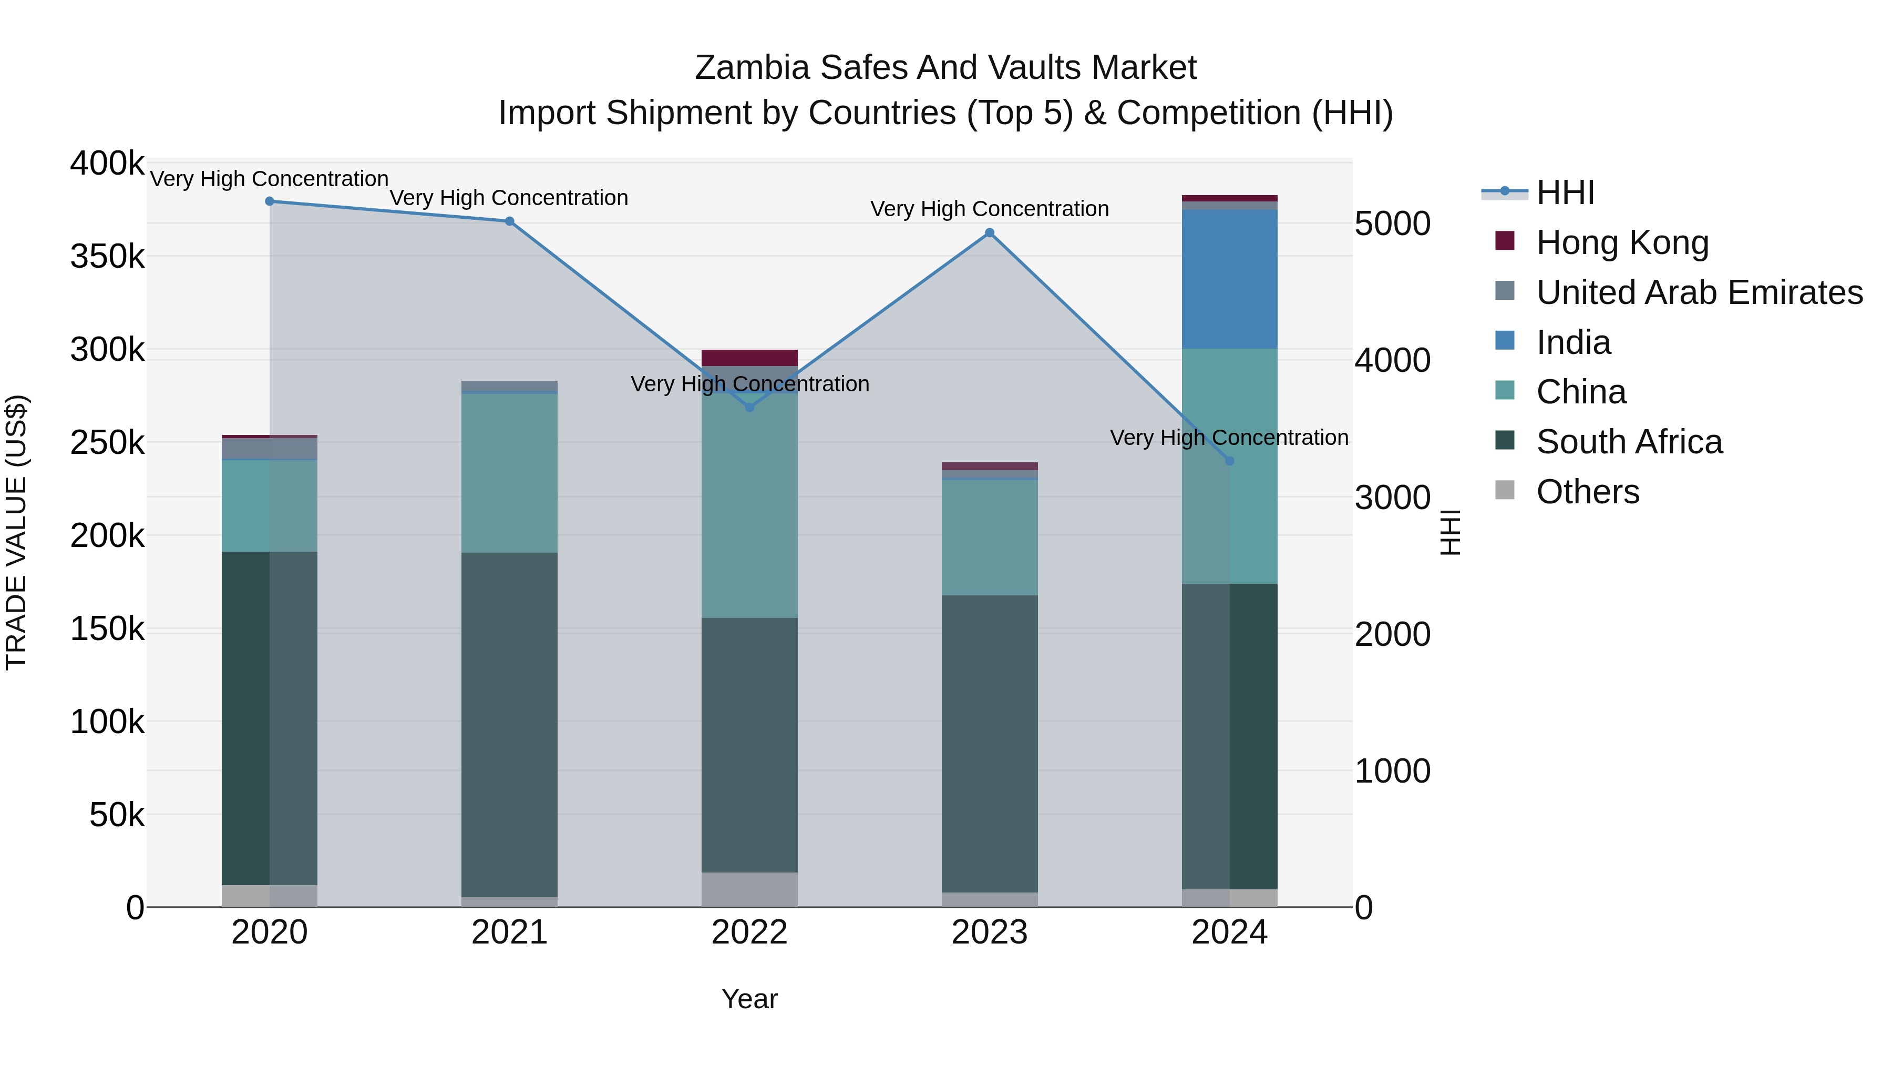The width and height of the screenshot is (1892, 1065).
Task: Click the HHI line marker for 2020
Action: click(x=270, y=201)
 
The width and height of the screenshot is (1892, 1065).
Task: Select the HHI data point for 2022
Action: click(x=749, y=407)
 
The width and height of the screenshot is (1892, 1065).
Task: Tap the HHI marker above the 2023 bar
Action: click(x=989, y=233)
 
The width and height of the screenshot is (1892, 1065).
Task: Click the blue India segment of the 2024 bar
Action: click(x=1229, y=279)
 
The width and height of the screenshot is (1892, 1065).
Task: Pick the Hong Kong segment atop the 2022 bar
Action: click(x=749, y=358)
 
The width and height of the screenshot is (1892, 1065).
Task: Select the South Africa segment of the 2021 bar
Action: click(x=509, y=724)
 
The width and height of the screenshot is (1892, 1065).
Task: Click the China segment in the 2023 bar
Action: click(x=989, y=537)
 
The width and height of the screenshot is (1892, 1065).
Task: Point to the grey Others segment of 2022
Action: click(x=749, y=889)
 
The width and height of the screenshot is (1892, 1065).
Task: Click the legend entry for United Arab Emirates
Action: click(x=1699, y=292)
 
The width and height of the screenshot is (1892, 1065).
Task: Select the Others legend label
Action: click(x=1587, y=492)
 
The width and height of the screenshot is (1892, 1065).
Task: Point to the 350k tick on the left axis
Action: click(x=107, y=257)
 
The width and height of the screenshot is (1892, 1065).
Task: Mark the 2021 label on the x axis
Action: click(x=509, y=932)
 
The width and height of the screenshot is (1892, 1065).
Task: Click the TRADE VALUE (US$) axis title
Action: click(x=17, y=532)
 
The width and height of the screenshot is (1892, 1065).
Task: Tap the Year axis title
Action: click(x=749, y=999)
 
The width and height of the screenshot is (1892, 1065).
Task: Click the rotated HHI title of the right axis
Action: click(x=1450, y=532)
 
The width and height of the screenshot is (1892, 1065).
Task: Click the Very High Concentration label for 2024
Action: click(x=1229, y=438)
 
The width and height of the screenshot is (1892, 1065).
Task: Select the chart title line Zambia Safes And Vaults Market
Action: click(x=945, y=68)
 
